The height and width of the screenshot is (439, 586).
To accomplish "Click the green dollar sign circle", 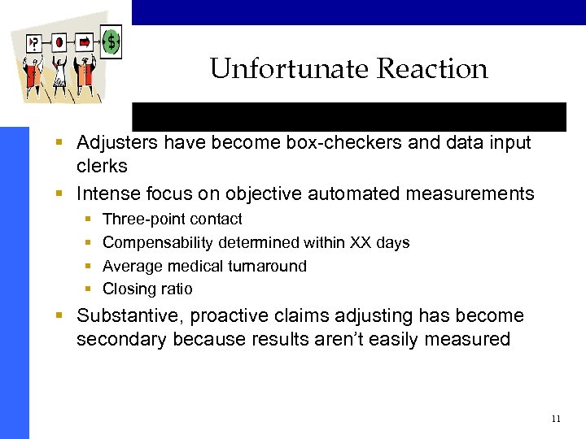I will point(112,40).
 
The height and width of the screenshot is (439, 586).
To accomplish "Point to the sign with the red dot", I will point(59,41).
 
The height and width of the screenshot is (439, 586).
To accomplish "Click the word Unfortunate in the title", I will point(278,69).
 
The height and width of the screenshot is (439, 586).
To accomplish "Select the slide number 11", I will point(556,419).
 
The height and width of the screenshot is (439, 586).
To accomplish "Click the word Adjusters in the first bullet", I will point(114,143).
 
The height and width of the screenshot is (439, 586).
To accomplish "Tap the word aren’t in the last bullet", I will point(336,339).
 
